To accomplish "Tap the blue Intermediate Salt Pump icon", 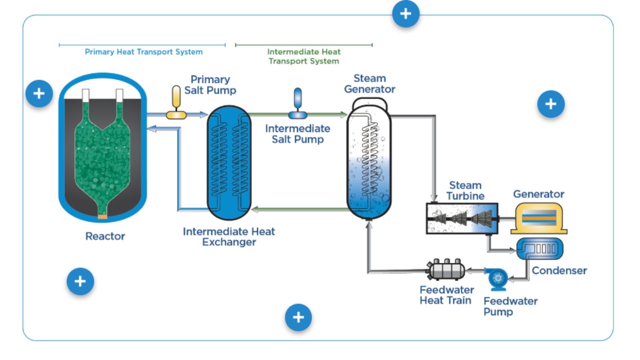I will pyautogui.click(x=298, y=104).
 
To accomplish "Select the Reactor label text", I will pyautogui.click(x=105, y=236).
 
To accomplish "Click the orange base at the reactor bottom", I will pyautogui.click(x=102, y=217).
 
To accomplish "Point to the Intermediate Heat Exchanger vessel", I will pyautogui.click(x=229, y=162).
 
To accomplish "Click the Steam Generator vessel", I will pyautogui.click(x=369, y=160).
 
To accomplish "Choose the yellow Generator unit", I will pyautogui.click(x=539, y=219).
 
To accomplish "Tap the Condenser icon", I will pyautogui.click(x=539, y=249).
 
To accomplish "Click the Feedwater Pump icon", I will pyautogui.click(x=498, y=279).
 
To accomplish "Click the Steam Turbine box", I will pyautogui.click(x=462, y=219).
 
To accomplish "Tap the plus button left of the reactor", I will pyautogui.click(x=39, y=94).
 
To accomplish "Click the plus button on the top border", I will pyautogui.click(x=406, y=14).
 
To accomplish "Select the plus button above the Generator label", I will pyautogui.click(x=551, y=104).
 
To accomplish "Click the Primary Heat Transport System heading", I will pyautogui.click(x=144, y=52).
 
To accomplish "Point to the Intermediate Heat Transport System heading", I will pyautogui.click(x=304, y=56).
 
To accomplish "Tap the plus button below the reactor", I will pyautogui.click(x=80, y=281).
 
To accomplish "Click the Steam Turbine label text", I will pyautogui.click(x=465, y=191).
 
